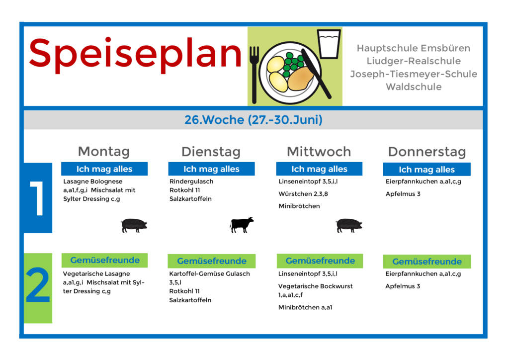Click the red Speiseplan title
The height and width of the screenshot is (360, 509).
135,55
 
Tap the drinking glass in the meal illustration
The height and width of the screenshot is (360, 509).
329,44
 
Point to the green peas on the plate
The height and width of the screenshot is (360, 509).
293,64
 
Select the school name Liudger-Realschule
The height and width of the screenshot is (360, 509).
414,61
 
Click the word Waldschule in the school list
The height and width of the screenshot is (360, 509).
414,87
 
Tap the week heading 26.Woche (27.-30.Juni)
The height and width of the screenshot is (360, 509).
254,120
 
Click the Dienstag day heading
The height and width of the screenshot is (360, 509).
211,152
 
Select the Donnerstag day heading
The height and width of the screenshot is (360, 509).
427,152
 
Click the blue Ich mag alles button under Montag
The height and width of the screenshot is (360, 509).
104,169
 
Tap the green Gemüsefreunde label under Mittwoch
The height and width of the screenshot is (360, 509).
320,261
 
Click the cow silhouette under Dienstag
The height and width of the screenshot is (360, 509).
242,225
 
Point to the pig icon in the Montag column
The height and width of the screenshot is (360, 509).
134,225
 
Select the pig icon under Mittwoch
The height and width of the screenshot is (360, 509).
349,225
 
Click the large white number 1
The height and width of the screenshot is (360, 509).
38,198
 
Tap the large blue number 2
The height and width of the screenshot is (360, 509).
38,285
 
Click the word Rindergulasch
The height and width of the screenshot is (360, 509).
191,181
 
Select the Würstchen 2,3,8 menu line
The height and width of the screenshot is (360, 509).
303,194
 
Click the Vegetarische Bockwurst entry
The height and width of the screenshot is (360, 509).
315,286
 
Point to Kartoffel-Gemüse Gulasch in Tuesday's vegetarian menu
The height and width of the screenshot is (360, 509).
210,273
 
